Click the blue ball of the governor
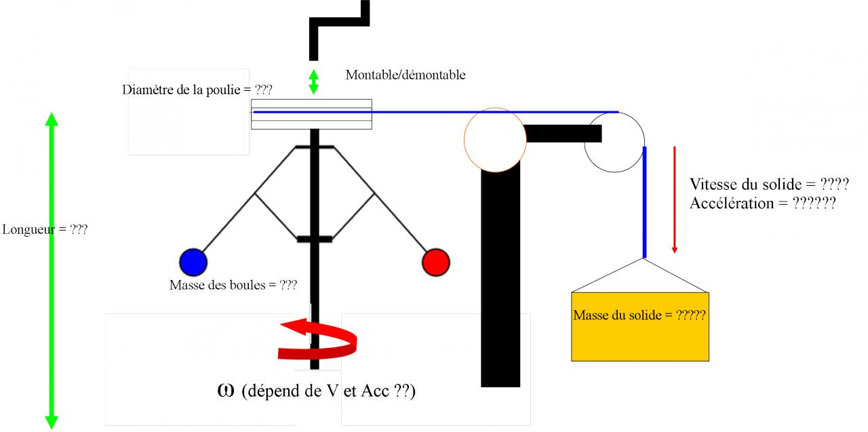coord(193,262)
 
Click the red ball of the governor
coord(435,262)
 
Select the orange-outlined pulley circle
coord(495,140)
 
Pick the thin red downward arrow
coord(674,199)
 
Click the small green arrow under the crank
coord(313,81)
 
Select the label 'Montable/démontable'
coord(406,75)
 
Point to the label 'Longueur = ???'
coord(45,229)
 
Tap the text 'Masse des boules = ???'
coord(233,285)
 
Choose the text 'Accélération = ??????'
coord(762,203)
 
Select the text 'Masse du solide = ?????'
coord(639,315)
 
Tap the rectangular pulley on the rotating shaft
coord(311,114)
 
